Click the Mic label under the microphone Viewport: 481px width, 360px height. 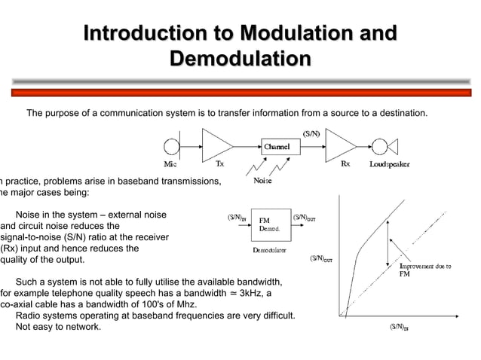tap(171, 163)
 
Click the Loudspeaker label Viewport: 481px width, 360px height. tap(390, 163)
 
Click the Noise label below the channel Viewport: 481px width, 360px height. tap(262, 181)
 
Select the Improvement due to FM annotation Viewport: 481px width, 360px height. tap(424, 270)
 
